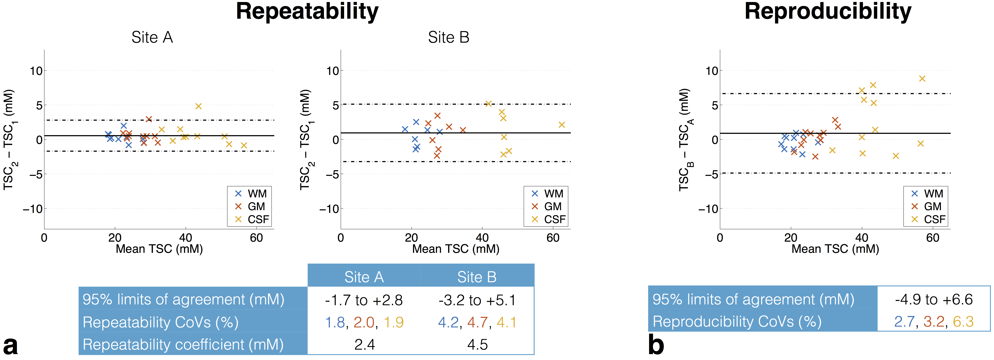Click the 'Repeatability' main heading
(x=307, y=11)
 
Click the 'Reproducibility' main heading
(x=828, y=11)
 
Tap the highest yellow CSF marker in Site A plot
(x=198, y=106)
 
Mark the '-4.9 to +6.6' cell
(x=934, y=299)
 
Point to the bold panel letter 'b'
(x=656, y=345)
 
